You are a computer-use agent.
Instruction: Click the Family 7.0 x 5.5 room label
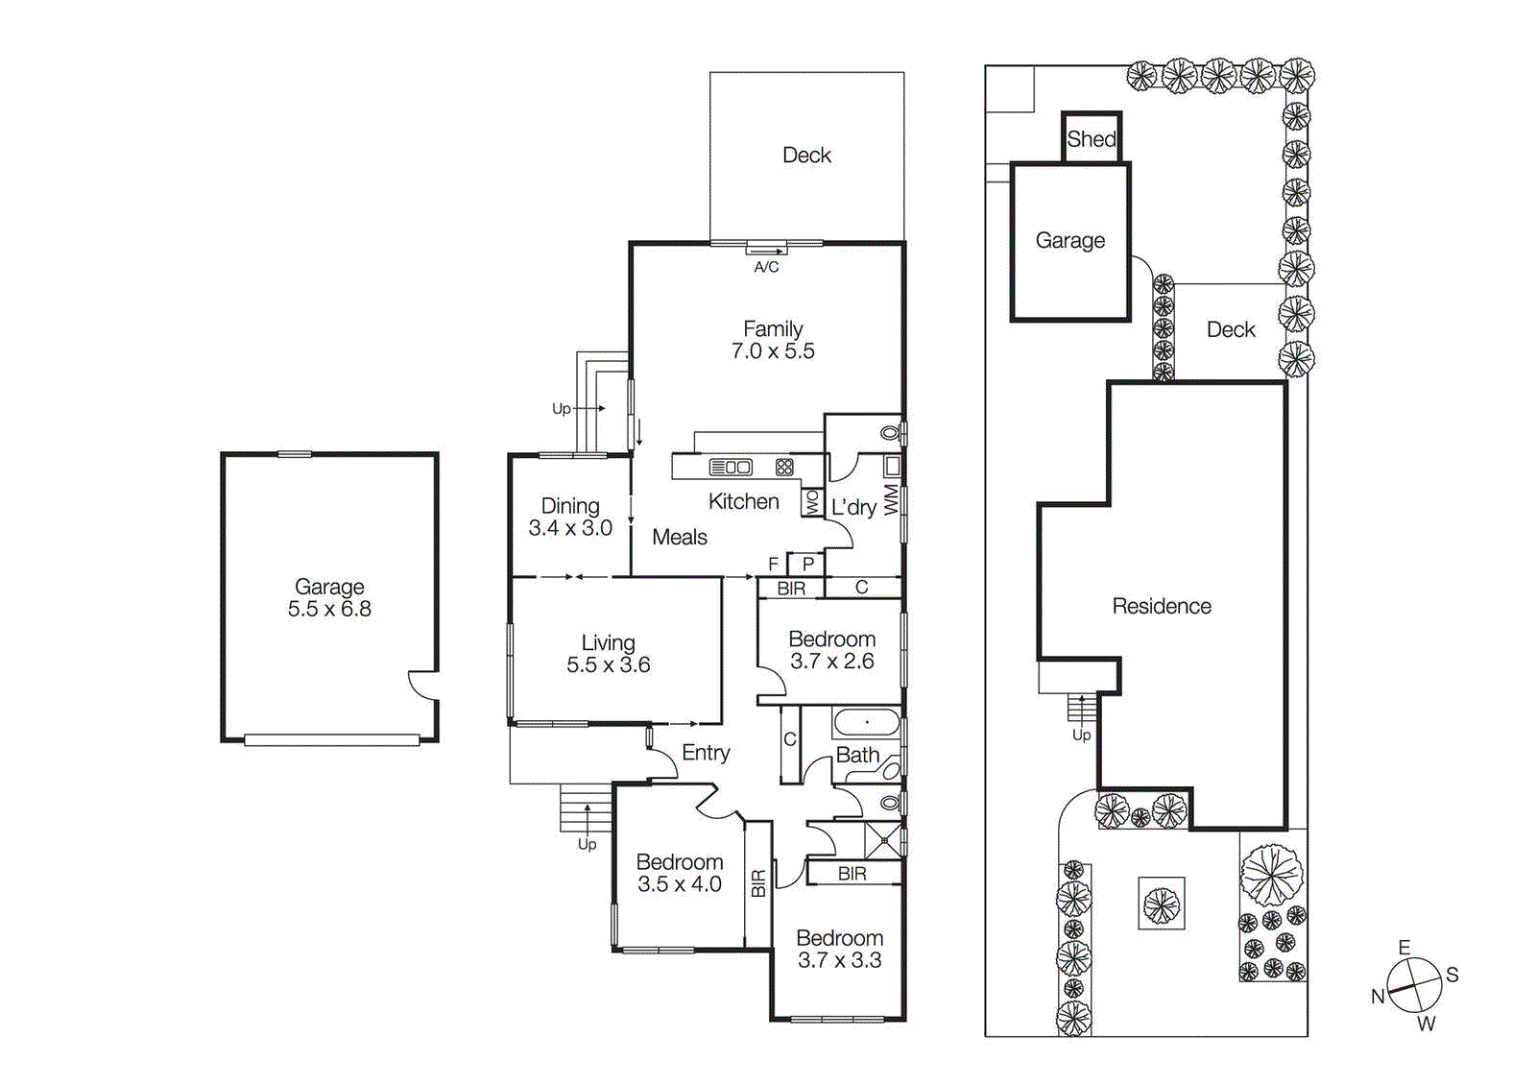coord(773,340)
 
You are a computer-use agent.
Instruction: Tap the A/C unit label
coord(766,267)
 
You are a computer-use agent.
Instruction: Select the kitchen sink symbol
coord(731,468)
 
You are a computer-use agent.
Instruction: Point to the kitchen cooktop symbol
coord(784,468)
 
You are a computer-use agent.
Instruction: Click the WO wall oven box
coord(812,502)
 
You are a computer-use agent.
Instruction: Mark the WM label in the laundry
coord(891,499)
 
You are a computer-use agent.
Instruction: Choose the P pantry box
coord(807,564)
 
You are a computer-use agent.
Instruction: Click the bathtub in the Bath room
coord(866,722)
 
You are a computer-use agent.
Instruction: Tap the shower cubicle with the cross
coord(883,839)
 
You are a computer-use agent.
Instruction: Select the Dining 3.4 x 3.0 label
coord(570,517)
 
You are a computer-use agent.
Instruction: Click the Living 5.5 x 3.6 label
coord(608,654)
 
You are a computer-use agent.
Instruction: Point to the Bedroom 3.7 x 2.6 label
coord(831,650)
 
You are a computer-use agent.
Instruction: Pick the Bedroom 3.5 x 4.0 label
coord(679,873)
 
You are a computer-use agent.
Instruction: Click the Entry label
coord(706,753)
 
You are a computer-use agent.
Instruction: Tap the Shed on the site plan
coord(1092,138)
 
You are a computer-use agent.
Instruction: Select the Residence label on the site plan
coord(1161,606)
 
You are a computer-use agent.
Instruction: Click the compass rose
coord(1414,985)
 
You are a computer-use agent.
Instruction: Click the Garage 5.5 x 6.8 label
coord(329,597)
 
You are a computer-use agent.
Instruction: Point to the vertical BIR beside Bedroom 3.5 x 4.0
coord(758,883)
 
